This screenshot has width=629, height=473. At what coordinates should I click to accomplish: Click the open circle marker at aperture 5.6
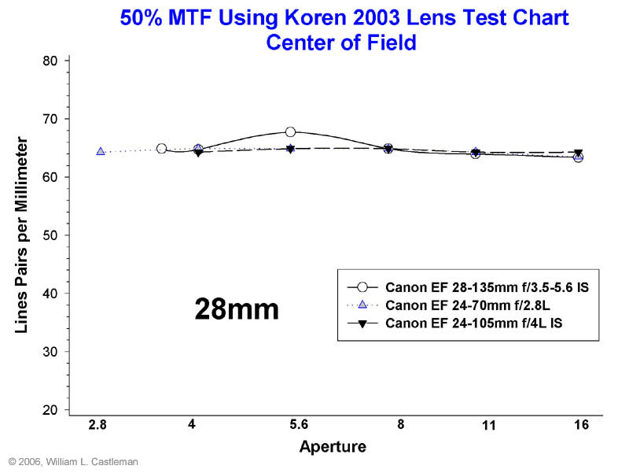290,131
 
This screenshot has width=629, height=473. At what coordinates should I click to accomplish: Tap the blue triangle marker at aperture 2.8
101,151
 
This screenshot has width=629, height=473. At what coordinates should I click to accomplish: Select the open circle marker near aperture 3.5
161,148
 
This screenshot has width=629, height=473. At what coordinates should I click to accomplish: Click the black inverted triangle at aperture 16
578,153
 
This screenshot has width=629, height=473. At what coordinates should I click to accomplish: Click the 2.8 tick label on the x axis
97,425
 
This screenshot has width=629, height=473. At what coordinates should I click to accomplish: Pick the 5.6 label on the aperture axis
298,425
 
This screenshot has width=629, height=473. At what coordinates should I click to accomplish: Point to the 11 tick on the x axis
488,425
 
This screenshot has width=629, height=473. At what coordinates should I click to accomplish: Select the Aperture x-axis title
333,447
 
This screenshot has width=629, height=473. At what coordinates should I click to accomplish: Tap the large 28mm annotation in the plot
237,309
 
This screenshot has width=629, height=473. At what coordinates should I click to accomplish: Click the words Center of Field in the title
340,42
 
